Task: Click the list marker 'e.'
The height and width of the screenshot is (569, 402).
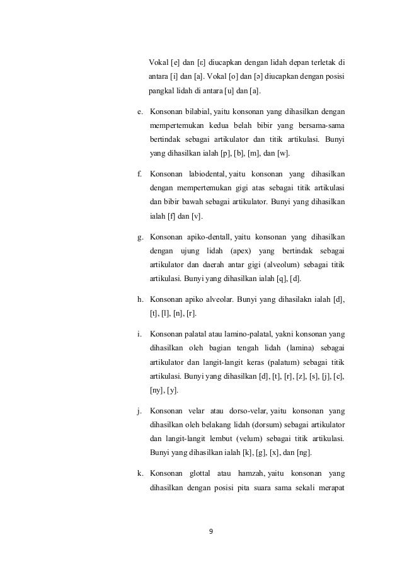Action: pos(141,112)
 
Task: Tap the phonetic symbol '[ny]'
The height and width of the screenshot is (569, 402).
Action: pos(156,390)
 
